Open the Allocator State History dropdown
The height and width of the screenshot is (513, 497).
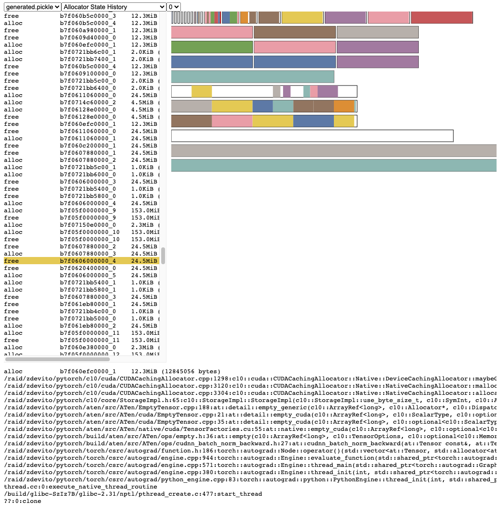[114, 7]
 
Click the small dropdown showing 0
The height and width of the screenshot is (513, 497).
[173, 7]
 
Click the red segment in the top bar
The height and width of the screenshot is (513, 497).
[441, 18]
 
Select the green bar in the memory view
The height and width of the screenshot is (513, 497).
[212, 47]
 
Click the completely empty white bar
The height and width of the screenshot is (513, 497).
[312, 136]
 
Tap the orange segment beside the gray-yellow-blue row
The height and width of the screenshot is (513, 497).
[343, 106]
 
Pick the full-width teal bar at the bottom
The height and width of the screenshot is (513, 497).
[333, 165]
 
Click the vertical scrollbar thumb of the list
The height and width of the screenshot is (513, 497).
[163, 256]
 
